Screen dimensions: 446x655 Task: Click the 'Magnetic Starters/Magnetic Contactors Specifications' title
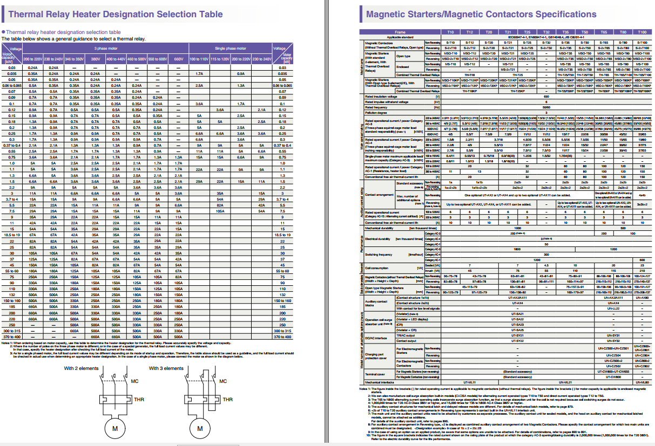[x=481, y=14]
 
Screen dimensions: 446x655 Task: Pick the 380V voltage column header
[x=96, y=58]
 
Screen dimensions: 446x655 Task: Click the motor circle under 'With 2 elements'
[x=114, y=428]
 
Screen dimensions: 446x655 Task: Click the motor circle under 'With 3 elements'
[x=200, y=428]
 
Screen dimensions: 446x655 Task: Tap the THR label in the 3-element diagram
[x=227, y=400]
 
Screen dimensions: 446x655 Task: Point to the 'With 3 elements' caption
[x=166, y=368]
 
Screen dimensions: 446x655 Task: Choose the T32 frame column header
[x=546, y=32]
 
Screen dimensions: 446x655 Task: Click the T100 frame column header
[x=642, y=32]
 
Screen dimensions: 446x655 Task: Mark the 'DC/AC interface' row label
[x=376, y=338]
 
